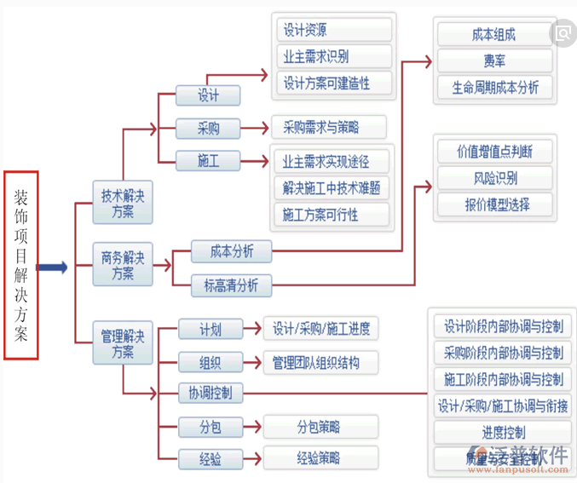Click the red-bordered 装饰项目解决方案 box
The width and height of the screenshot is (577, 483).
point(20,265)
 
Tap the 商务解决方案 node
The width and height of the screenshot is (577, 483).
point(123,265)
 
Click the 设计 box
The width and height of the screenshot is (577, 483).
point(208,95)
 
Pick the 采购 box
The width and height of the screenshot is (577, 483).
point(208,129)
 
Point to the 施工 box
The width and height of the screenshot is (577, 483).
point(208,160)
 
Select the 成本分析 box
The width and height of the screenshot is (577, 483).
point(231,251)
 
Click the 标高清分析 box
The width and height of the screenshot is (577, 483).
point(231,285)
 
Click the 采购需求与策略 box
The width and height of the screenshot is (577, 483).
point(328,129)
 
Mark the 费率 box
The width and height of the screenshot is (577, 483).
point(493,61)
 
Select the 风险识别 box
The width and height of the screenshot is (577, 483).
point(494,179)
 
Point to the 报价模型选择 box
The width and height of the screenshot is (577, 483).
point(494,205)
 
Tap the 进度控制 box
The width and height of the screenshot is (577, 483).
point(502,433)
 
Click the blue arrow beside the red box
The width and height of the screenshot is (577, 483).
point(53,267)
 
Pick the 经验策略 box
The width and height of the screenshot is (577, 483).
point(319,458)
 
